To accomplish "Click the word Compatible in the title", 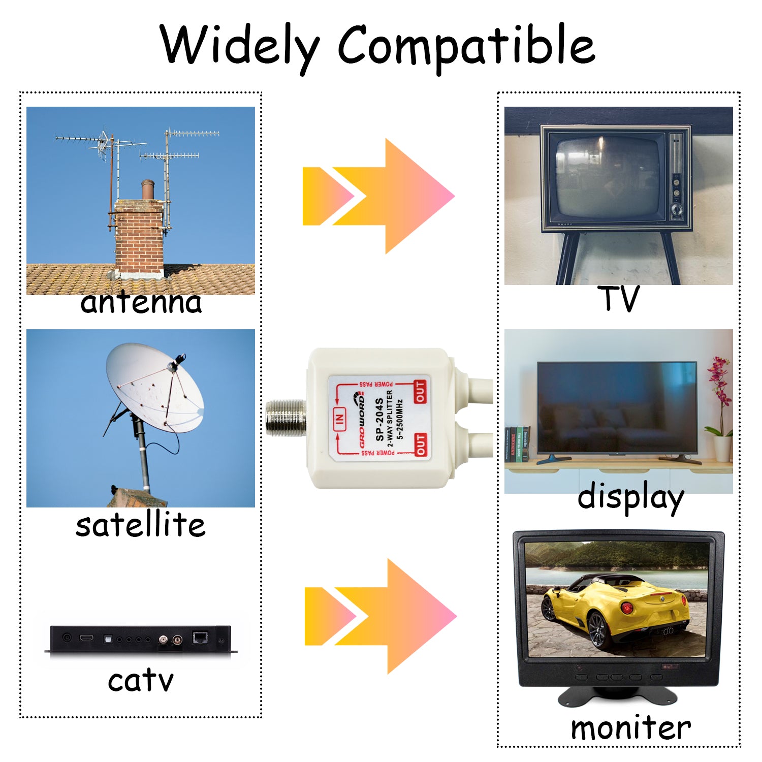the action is click(466, 47).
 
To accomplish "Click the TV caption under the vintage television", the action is click(618, 298).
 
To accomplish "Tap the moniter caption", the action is click(631, 727).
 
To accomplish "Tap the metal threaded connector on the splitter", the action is click(286, 418).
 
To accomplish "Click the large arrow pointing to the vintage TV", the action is click(378, 196).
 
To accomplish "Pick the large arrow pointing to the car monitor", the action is click(380, 616).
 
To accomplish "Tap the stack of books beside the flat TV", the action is click(518, 443).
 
